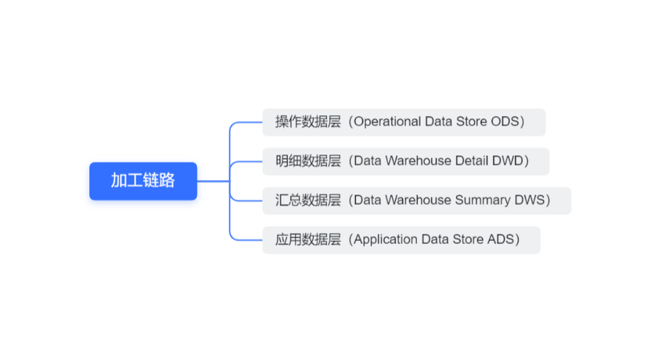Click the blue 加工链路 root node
coord(143,181)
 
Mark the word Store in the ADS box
coord(466,240)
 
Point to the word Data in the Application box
coord(434,240)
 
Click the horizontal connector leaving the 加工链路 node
coord(213,181)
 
